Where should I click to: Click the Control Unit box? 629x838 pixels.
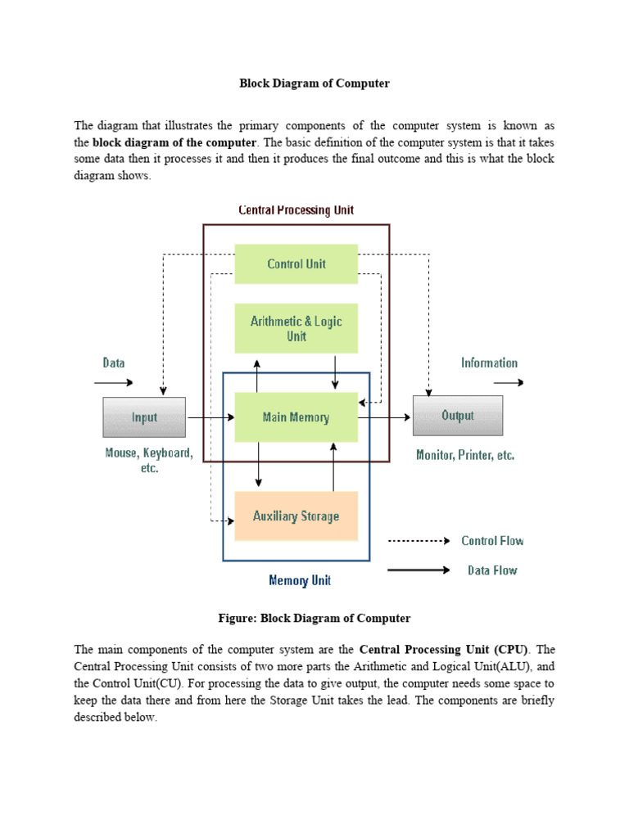click(x=296, y=264)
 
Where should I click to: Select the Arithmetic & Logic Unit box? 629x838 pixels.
click(x=296, y=328)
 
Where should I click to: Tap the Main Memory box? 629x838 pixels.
click(x=296, y=417)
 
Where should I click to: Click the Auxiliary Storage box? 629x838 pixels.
click(x=296, y=516)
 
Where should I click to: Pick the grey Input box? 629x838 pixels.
click(x=144, y=417)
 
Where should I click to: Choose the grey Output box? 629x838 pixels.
click(x=457, y=416)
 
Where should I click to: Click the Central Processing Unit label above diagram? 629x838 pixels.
click(x=296, y=210)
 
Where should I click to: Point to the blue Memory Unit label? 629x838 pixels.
click(x=300, y=580)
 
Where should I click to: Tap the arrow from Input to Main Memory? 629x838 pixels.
click(x=210, y=417)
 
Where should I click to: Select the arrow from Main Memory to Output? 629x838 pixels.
click(x=385, y=417)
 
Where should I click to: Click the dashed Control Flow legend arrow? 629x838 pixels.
click(x=419, y=541)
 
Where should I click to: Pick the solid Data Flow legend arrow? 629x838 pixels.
click(x=419, y=570)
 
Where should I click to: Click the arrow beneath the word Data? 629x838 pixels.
click(x=114, y=381)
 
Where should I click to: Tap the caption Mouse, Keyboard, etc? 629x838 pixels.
click(x=148, y=461)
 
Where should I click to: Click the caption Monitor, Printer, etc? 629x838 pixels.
click(x=465, y=455)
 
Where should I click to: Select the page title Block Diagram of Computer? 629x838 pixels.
click(x=314, y=83)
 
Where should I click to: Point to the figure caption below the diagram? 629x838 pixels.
click(x=314, y=618)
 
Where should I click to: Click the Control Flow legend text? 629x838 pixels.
click(x=492, y=541)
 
